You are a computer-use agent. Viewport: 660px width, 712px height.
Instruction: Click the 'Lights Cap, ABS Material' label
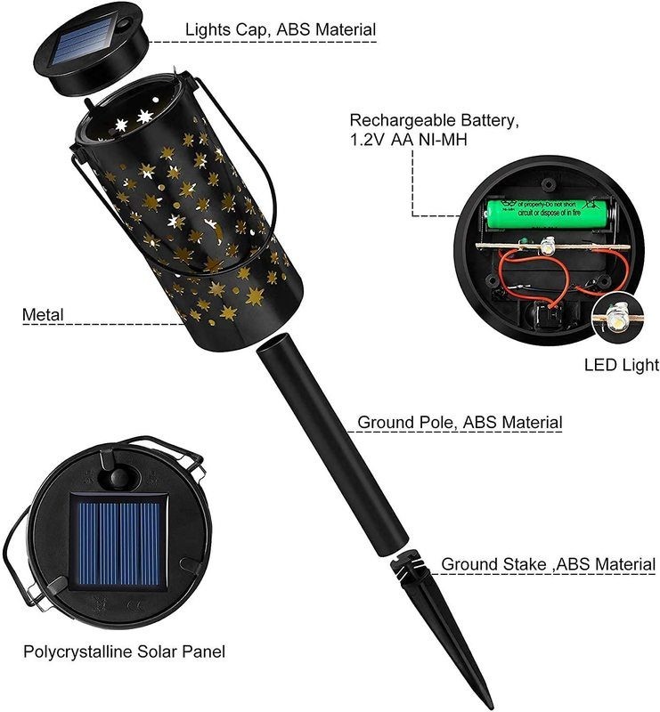coord(280,29)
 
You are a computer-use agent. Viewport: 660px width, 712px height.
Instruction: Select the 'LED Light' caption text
coord(621,364)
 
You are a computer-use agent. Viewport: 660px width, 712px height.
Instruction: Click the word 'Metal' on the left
coord(45,313)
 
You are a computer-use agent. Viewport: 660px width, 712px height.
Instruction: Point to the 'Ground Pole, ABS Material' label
coord(459,421)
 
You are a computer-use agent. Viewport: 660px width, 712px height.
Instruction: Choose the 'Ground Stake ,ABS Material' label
coord(548,564)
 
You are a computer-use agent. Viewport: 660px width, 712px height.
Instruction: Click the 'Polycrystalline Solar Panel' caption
coord(124,651)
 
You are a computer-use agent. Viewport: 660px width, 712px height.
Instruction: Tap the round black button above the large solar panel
coord(117,479)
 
